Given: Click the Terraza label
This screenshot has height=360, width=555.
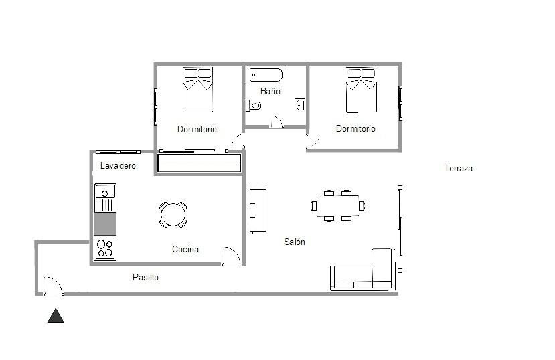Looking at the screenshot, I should click(458, 169).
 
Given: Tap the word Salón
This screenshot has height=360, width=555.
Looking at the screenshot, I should click(295, 242).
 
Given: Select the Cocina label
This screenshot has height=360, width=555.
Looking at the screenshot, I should click(185, 250).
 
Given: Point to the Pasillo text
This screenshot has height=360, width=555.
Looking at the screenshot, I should click(145, 277).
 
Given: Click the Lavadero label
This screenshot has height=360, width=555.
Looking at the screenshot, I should click(118, 165).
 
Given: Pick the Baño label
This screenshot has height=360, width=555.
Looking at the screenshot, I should click(270, 91).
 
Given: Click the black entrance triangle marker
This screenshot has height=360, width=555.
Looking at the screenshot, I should click(56, 316).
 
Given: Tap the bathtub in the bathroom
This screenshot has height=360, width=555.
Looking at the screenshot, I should click(266, 74).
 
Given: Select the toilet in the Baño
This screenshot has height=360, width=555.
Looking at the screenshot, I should click(253, 105).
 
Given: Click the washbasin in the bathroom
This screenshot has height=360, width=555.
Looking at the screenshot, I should click(300, 105).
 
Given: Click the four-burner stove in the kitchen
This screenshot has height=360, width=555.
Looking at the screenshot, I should click(105, 248).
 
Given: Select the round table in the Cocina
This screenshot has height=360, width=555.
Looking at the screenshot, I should click(173, 214).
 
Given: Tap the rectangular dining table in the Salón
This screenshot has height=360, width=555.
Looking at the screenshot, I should click(337, 205).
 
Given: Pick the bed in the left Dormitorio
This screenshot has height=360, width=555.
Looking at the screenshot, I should click(197, 89).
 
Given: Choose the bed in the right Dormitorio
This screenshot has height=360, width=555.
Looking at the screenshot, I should click(361, 90).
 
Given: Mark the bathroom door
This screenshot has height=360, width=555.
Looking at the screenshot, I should click(276, 122).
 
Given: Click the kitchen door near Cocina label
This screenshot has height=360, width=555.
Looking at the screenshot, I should click(231, 257).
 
